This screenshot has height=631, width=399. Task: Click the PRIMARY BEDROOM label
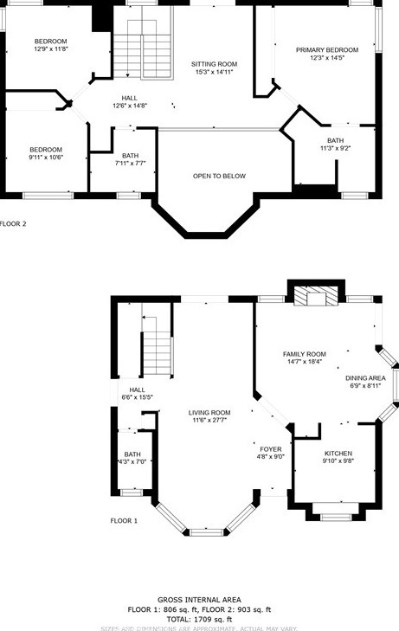click(326, 50)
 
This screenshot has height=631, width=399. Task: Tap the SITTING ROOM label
click(214, 64)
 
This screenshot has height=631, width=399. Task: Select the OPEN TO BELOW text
click(219, 176)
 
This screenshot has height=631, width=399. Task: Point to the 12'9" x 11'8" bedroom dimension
click(50, 50)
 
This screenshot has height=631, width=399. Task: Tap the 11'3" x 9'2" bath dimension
click(334, 149)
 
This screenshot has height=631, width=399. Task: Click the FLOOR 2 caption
click(12, 223)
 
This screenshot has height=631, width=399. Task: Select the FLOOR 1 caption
click(123, 520)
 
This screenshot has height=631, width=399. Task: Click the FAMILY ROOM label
click(304, 353)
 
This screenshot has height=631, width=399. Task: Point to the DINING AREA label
click(365, 378)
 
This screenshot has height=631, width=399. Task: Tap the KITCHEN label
click(338, 454)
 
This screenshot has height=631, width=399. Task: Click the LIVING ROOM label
click(209, 412)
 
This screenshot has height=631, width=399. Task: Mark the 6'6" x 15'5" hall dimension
click(137, 398)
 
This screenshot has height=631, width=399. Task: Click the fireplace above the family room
click(315, 297)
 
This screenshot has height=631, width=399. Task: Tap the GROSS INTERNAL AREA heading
click(199, 599)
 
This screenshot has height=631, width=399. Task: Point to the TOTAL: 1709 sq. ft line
click(199, 619)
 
